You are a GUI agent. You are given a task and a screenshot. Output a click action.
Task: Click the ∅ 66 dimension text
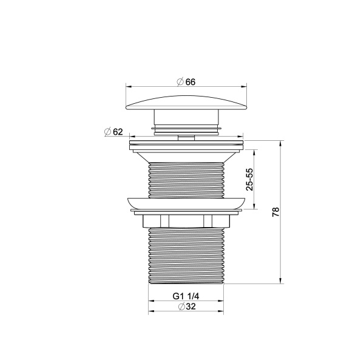(x=186, y=82)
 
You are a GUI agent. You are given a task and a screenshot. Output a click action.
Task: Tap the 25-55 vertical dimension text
(x=250, y=179)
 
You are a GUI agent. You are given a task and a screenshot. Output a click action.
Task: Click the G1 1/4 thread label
(x=186, y=297)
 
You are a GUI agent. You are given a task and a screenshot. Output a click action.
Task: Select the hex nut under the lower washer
(x=186, y=220)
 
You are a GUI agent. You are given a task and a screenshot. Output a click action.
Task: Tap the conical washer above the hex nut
(x=186, y=205)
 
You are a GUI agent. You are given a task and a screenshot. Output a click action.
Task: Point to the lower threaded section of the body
(x=186, y=255)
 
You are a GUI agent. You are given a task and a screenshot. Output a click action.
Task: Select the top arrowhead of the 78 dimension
(x=281, y=145)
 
